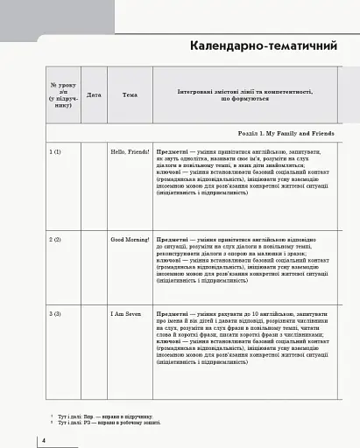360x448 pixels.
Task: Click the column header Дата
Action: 94,94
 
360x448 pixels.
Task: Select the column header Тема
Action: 130,94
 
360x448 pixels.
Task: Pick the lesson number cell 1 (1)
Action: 55,151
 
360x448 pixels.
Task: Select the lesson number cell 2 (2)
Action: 55,239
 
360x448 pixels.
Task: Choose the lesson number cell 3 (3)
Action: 55,312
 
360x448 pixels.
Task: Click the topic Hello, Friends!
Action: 130,151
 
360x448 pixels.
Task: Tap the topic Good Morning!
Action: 130,239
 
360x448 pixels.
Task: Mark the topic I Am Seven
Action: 124,312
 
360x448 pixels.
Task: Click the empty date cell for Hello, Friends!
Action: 94,184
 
